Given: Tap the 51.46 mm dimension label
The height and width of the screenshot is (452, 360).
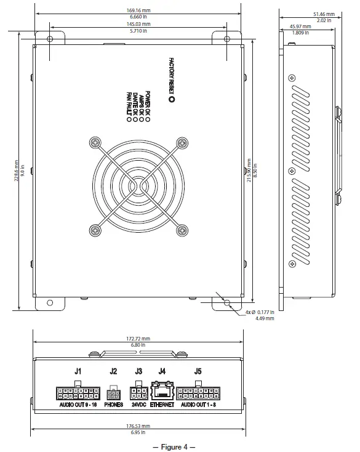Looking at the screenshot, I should coord(324,14).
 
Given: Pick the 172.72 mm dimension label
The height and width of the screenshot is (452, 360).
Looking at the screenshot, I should coord(138,338).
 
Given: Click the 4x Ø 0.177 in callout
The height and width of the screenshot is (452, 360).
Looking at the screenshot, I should coord(261,312).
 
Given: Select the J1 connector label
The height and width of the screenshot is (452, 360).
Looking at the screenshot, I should coord(78,371).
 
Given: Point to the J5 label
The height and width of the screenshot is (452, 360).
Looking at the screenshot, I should coord(198,371).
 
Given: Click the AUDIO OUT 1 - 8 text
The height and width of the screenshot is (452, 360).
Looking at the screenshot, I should coord(198,405).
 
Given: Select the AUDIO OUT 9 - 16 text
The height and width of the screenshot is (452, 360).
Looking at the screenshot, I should coord(78,405).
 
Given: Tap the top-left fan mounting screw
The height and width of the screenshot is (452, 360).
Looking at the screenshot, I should coord(94,142).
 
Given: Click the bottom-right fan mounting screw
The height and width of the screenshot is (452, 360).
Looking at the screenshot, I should coord(182,230).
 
